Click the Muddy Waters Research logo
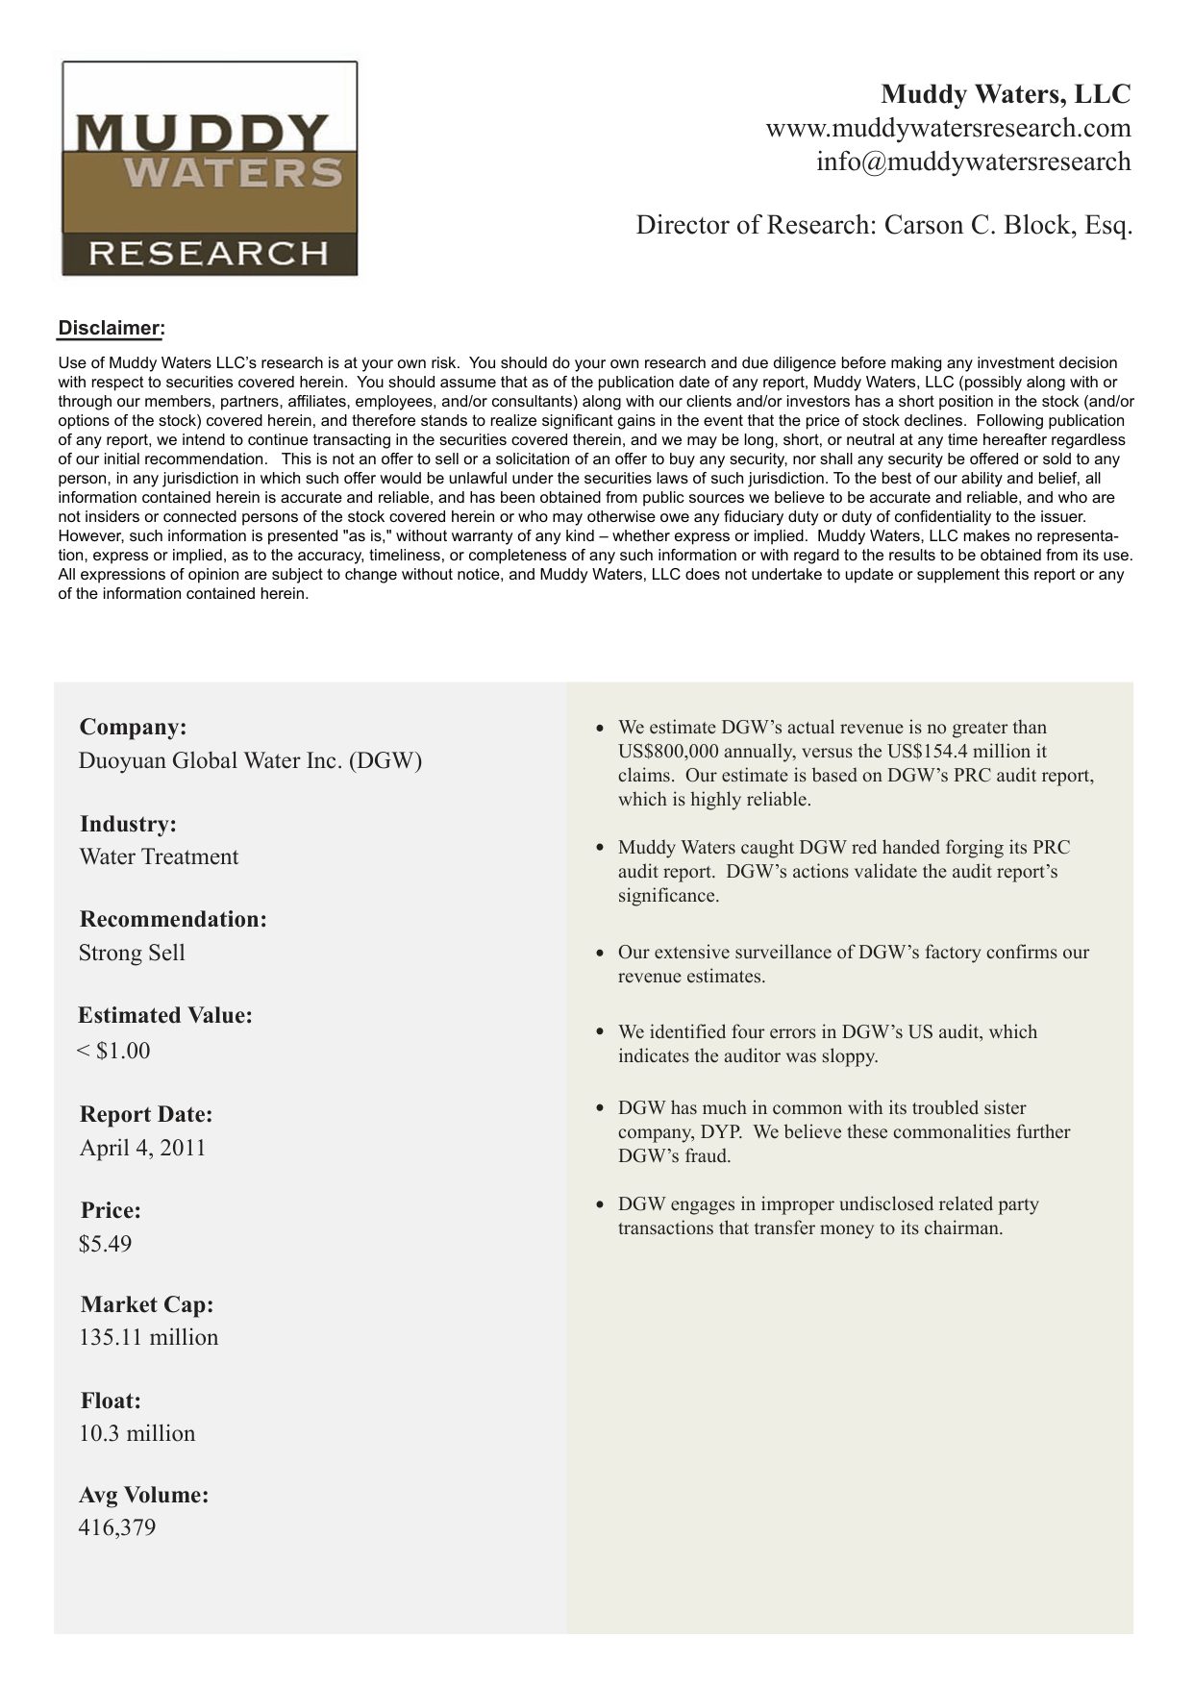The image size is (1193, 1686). coord(210,169)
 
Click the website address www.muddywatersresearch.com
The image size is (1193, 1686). coord(948,128)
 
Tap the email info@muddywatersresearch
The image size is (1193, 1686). coord(973,161)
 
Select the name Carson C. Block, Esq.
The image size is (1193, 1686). coord(1008,225)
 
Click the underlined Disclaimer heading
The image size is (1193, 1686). coord(112,328)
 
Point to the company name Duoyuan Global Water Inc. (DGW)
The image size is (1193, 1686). coord(250,760)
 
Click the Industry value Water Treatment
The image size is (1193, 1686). coord(159,856)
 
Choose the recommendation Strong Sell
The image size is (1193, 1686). coord(132,953)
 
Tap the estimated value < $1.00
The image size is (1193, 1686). coord(113,1051)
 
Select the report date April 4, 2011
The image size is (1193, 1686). coord(142,1148)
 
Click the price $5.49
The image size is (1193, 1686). coord(105,1244)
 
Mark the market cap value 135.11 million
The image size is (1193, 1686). coord(148,1337)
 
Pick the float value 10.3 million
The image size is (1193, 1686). coord(137,1433)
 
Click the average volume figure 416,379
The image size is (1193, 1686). coord(116,1527)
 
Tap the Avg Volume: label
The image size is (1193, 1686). coord(143,1495)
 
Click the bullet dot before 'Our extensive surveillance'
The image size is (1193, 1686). coord(600,953)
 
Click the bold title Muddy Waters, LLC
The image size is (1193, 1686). coord(1006,94)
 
